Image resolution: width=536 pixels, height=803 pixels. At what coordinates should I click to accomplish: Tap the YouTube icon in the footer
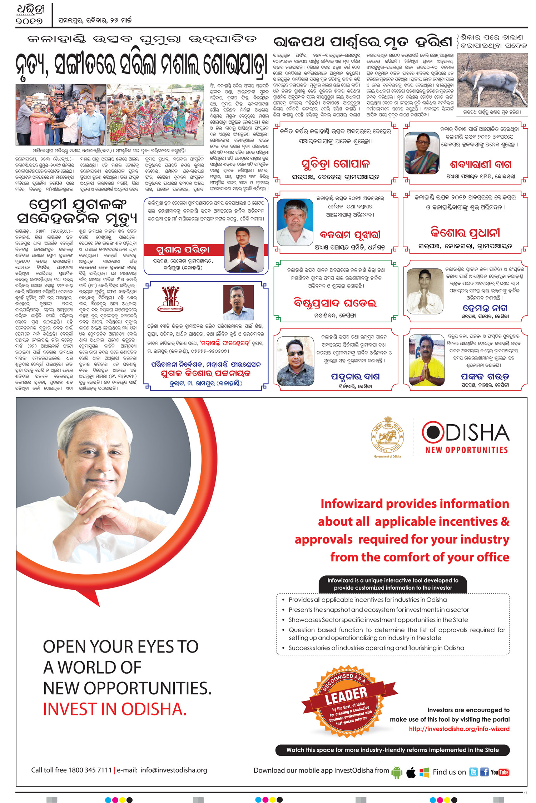pos(500,772)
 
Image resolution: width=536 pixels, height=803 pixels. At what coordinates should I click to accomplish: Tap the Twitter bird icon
pos(473,772)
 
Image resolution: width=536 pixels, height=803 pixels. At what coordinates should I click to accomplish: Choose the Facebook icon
pos(484,772)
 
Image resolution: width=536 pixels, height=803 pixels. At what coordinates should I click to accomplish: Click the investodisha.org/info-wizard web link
pos(459,729)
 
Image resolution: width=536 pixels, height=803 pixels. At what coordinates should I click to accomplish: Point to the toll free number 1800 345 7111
pos(90,770)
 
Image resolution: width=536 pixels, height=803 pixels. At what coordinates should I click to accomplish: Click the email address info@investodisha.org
pos(174,770)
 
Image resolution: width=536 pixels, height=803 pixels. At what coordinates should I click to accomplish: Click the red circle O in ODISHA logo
pos(433,432)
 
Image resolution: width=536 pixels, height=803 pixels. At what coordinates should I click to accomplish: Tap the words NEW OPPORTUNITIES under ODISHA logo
pos(466,450)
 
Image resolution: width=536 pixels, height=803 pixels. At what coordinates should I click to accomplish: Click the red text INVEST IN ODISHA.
pos(115,709)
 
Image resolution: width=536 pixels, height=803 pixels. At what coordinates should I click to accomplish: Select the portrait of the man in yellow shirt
pos(426,360)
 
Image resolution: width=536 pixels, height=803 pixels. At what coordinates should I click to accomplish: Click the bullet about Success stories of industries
pos(376,648)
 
